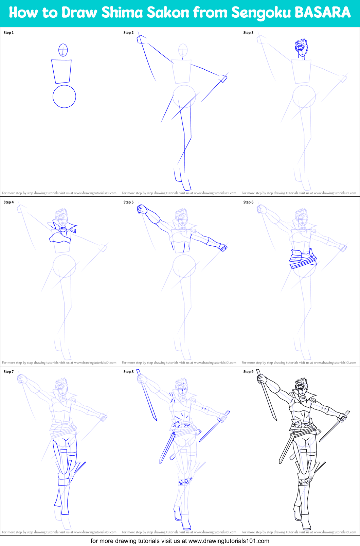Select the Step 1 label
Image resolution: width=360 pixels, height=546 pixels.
8,33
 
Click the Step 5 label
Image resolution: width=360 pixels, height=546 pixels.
128,202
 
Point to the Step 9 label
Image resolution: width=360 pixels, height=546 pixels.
248,372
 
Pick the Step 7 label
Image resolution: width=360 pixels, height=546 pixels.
8,372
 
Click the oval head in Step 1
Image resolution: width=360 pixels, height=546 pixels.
63,50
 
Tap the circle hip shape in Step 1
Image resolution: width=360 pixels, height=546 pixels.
64,96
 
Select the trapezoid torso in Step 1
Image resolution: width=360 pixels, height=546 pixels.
62,71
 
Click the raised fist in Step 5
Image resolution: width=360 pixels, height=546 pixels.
142,209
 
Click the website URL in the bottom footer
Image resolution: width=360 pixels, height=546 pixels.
229,541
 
